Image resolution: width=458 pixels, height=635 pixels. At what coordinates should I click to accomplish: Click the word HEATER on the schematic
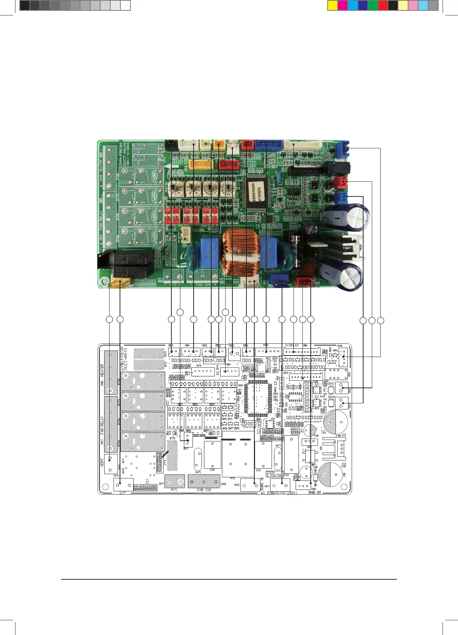pos(102,370)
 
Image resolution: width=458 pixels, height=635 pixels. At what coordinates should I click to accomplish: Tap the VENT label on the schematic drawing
pos(102,462)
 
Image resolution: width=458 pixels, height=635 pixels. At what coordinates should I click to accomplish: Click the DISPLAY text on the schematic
pos(292,346)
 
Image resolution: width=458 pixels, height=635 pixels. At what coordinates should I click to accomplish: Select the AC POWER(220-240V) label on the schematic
pos(279,493)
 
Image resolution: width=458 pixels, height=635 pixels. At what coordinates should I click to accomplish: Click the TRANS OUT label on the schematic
pos(314,492)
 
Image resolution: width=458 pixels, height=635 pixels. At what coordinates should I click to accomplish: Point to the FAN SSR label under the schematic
pos(204,490)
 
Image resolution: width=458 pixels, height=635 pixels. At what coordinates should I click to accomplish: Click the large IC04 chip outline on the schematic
pos(255,396)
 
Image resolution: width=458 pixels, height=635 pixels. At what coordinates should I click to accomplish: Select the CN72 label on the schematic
pos(237,485)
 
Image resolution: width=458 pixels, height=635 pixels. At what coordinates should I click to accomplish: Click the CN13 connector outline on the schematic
pos(188,440)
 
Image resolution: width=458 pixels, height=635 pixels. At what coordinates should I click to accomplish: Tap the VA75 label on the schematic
pos(198,472)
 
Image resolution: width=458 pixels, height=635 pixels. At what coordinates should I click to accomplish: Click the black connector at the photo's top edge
pos(172,145)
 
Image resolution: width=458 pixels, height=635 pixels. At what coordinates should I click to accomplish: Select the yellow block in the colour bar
pos(333,6)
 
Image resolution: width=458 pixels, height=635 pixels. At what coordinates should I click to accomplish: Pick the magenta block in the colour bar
pos(343,6)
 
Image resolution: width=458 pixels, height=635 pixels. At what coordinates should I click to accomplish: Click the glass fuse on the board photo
pos(297,251)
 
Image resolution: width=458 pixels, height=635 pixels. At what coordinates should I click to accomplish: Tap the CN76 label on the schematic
pos(199,366)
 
